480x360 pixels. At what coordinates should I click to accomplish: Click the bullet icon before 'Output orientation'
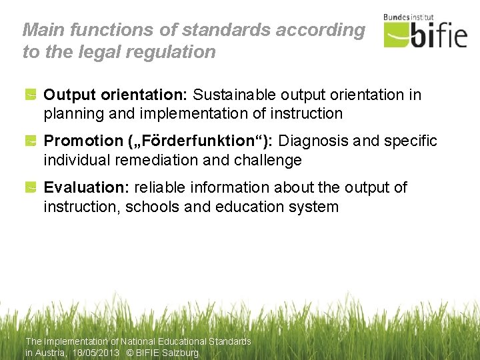click(x=31, y=96)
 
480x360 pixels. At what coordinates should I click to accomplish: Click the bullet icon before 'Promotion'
click(x=31, y=142)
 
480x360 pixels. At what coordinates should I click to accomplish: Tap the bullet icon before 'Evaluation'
click(x=31, y=189)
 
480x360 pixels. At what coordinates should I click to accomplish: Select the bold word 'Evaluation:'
click(x=86, y=188)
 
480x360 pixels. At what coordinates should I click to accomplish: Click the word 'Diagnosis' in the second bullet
click(x=319, y=141)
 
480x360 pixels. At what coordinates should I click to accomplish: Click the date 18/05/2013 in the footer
click(x=95, y=353)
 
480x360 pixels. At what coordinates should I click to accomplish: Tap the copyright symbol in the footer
click(x=131, y=353)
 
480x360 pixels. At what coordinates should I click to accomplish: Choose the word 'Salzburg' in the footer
click(x=180, y=353)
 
